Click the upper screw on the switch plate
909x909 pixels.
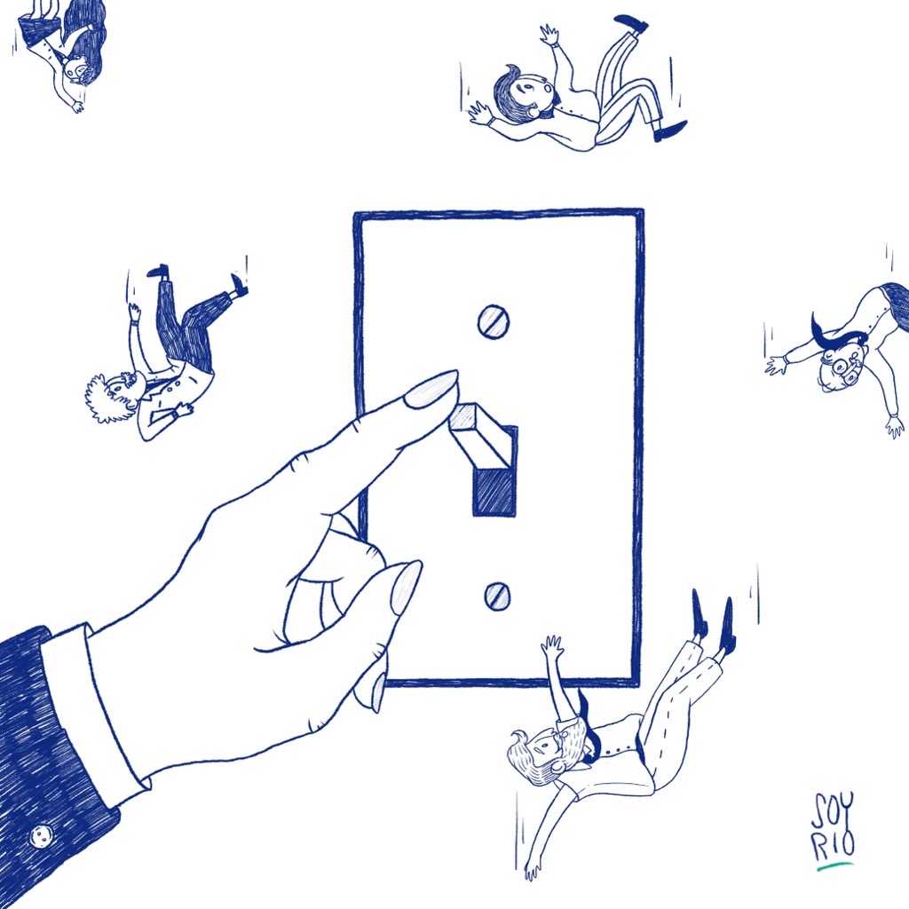point(494,321)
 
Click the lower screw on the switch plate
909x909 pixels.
point(497,596)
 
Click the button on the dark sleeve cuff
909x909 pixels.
point(41,835)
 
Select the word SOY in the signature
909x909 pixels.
point(833,811)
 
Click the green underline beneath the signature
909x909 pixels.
point(834,867)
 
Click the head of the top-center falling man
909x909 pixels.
point(520,92)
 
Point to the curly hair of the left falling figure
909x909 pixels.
point(105,399)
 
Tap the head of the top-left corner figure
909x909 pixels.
point(78,69)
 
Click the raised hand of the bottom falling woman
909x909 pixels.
point(552,646)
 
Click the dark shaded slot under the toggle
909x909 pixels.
point(494,492)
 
